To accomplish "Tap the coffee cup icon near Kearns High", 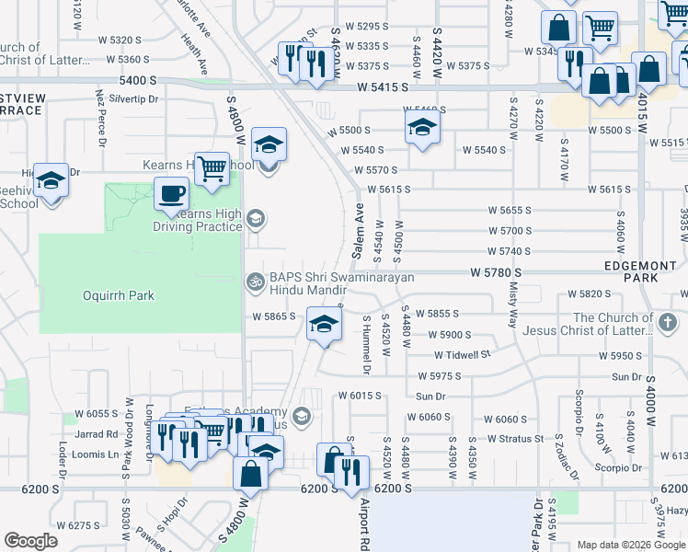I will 171,195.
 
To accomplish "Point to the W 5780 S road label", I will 496,273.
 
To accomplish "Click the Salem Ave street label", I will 358,231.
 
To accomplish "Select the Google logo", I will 31,541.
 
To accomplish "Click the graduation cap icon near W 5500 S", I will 421,126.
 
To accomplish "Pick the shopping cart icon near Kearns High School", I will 212,168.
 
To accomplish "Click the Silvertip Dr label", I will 134,98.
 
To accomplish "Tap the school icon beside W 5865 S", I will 323,325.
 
